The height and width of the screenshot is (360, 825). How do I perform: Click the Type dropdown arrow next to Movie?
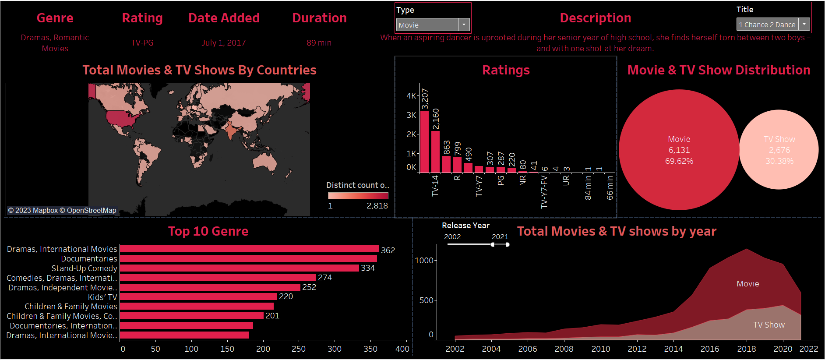tap(464, 25)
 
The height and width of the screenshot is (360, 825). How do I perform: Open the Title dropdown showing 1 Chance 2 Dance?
tap(804, 25)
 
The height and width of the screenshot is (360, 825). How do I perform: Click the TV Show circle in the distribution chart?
tap(779, 150)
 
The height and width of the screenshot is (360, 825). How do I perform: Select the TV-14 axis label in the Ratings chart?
tap(435, 186)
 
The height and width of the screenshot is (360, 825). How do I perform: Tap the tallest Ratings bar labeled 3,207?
tap(424, 141)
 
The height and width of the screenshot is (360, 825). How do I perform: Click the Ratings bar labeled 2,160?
tap(435, 151)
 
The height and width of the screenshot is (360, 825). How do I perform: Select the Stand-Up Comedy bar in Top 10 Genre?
tap(239, 268)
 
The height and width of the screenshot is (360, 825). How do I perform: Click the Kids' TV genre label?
tap(102, 297)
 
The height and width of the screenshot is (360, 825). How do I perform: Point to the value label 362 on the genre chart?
tap(388, 250)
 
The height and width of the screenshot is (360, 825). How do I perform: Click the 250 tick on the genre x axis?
tap(299, 349)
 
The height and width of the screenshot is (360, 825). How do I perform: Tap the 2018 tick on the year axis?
tap(746, 349)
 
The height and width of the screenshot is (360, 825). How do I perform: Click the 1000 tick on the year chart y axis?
tap(423, 261)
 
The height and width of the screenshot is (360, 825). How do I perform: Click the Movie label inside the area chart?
tap(747, 284)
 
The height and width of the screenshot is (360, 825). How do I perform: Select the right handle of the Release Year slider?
tap(507, 244)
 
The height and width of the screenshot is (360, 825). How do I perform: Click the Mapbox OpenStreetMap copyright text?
tap(62, 211)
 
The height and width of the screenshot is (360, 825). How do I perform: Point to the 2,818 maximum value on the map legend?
tap(377, 206)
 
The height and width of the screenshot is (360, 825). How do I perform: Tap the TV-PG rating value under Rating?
tap(142, 43)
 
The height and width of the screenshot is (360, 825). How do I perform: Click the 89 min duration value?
tap(319, 43)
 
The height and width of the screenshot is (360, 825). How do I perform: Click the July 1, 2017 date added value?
tap(223, 43)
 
